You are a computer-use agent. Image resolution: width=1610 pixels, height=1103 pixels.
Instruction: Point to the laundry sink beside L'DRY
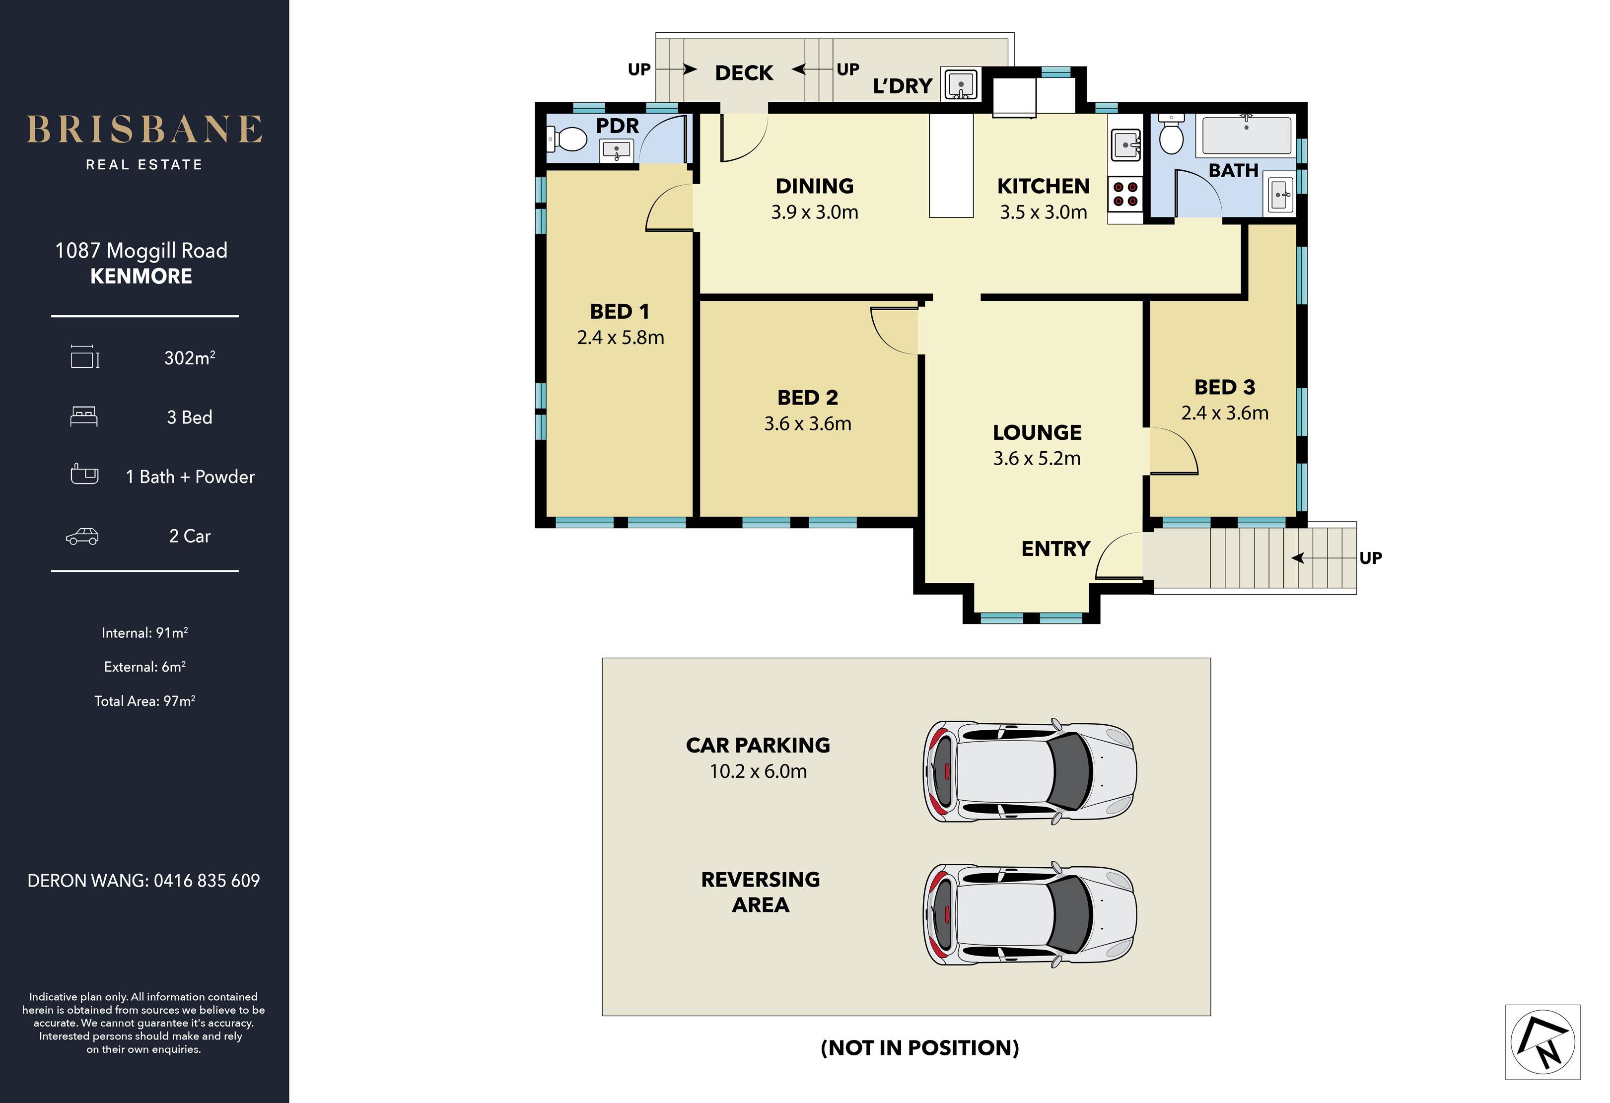pyautogui.click(x=960, y=84)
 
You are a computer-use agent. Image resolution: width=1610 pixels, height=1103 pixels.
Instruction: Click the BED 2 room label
pyautogui.click(x=808, y=398)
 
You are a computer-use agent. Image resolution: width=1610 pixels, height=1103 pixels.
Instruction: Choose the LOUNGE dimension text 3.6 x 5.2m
pyautogui.click(x=1037, y=458)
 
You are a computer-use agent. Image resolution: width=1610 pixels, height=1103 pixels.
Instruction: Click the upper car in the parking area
pyautogui.click(x=1030, y=770)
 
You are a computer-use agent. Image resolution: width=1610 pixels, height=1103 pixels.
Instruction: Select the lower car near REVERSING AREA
pyautogui.click(x=1030, y=914)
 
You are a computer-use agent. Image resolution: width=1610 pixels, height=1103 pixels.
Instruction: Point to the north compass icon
pyautogui.click(x=1543, y=1041)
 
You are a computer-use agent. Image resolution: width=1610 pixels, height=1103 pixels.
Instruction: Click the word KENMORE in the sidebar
pyautogui.click(x=141, y=276)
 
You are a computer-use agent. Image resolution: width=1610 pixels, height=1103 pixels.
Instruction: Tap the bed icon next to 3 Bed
pyautogui.click(x=84, y=416)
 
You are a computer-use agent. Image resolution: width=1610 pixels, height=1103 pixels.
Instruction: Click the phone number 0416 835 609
pyautogui.click(x=207, y=881)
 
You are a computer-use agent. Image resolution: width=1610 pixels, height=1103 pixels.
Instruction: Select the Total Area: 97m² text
pyautogui.click(x=145, y=700)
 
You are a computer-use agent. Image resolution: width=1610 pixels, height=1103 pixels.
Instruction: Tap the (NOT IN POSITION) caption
pyautogui.click(x=919, y=1047)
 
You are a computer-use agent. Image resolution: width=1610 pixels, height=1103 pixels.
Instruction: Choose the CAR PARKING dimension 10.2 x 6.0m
pyautogui.click(x=758, y=771)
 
